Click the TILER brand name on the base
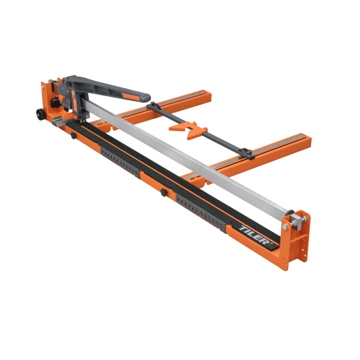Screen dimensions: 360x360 (x=254, y=234)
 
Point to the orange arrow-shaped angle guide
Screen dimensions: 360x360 (x=186, y=131)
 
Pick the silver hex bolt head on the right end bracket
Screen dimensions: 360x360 (x=285, y=227)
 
